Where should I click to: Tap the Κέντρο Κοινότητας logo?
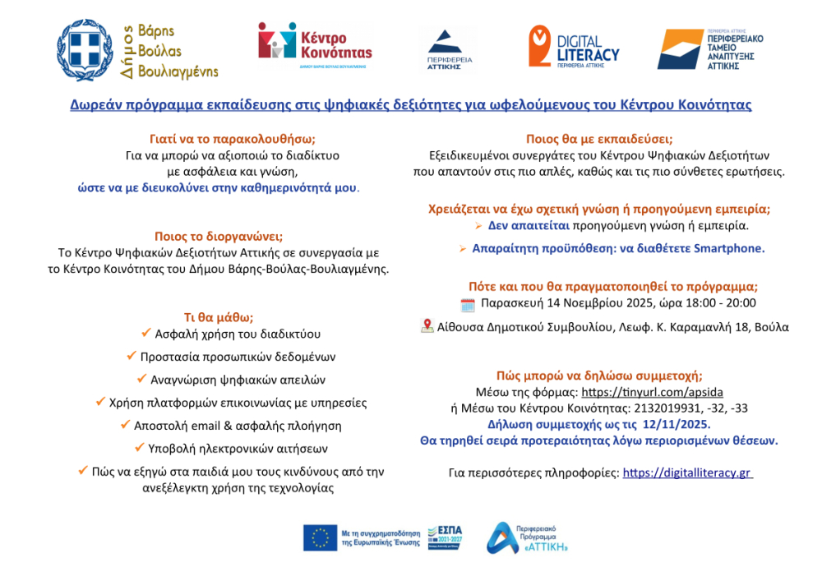[315, 45]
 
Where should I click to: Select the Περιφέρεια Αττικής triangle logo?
[446, 49]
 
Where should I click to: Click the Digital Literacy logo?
[574, 48]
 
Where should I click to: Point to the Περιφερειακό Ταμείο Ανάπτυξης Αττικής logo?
[711, 49]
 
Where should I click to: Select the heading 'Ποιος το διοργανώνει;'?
[219, 237]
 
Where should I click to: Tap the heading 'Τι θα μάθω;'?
[218, 316]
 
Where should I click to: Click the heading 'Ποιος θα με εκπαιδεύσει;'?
[598, 139]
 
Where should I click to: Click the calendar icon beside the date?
[468, 305]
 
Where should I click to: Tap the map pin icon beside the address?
[427, 325]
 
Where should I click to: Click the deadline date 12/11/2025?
[677, 424]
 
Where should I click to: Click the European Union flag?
[320, 537]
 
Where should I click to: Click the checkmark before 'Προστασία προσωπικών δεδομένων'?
[132, 356]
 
